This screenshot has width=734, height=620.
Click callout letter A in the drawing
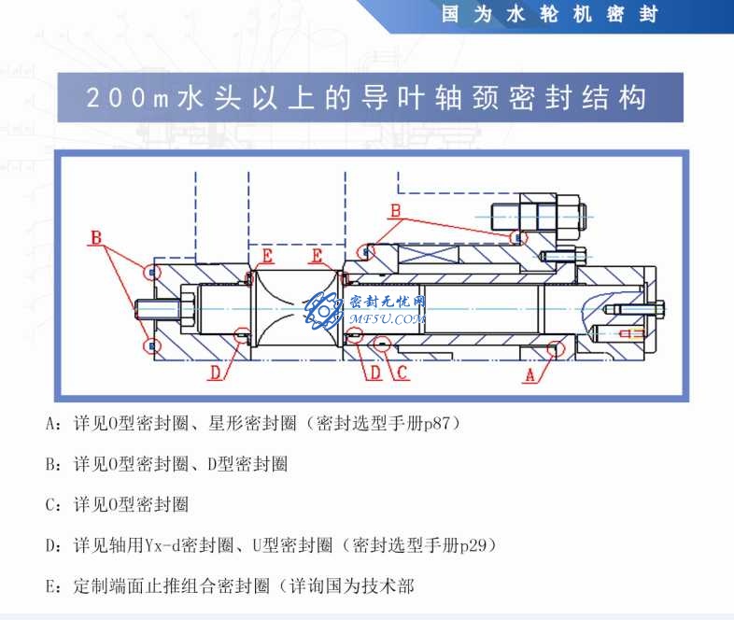pos(529,375)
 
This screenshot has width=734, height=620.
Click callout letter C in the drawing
pos(401,373)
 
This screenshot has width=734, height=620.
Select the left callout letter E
pos(268,256)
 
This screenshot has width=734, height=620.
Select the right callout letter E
pos(317,256)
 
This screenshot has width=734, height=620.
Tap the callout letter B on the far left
pos(95,238)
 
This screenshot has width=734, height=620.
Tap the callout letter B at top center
pos(395,212)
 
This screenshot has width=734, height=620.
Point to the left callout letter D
pos(215,373)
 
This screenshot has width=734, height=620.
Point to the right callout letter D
pos(374,373)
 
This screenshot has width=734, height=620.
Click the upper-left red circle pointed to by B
pos(151,272)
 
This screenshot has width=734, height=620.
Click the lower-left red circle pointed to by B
pos(151,345)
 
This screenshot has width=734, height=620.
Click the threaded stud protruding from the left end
pos(150,307)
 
